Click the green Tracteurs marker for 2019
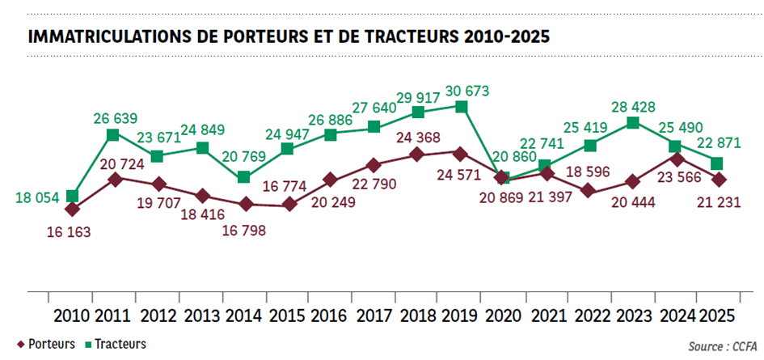[x=461, y=107]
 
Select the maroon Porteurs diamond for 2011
[x=116, y=179]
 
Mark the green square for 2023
[x=633, y=123]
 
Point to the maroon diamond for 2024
[x=677, y=159]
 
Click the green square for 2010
[x=73, y=196]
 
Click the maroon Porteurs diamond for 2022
[x=589, y=191]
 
